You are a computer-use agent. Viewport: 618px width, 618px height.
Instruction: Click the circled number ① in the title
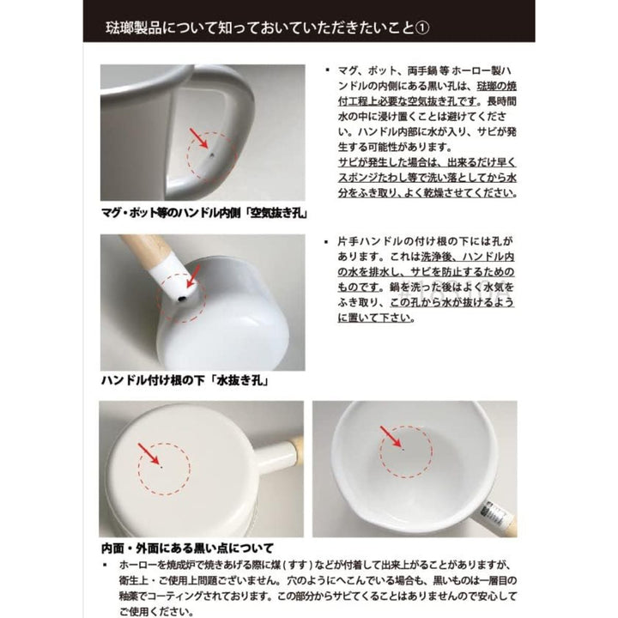coord(422,28)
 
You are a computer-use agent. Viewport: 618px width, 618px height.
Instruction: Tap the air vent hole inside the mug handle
coord(212,154)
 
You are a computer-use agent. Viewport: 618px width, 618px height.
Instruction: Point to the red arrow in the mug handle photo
coord(199,138)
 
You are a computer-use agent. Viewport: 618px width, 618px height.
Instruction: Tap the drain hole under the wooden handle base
coord(182,299)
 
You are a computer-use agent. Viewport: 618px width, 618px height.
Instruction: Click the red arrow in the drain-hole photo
coord(193,276)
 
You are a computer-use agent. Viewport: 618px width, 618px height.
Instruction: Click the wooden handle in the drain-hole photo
coord(145,247)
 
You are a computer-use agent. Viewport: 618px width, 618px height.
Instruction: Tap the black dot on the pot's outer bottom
coord(161,467)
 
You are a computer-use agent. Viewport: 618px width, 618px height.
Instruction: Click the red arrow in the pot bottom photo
coord(148,454)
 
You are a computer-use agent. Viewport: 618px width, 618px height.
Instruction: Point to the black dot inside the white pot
coord(403,449)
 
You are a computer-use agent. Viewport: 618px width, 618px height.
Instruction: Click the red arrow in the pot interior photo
coord(391,437)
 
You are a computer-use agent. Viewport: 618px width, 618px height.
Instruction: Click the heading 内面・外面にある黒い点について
coord(188,548)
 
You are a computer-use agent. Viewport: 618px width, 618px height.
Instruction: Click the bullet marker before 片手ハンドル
coord(327,241)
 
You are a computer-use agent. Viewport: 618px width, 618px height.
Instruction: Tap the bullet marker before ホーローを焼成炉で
coord(105,565)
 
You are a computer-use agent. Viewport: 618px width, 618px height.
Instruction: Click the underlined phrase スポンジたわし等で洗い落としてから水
coord(427,178)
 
